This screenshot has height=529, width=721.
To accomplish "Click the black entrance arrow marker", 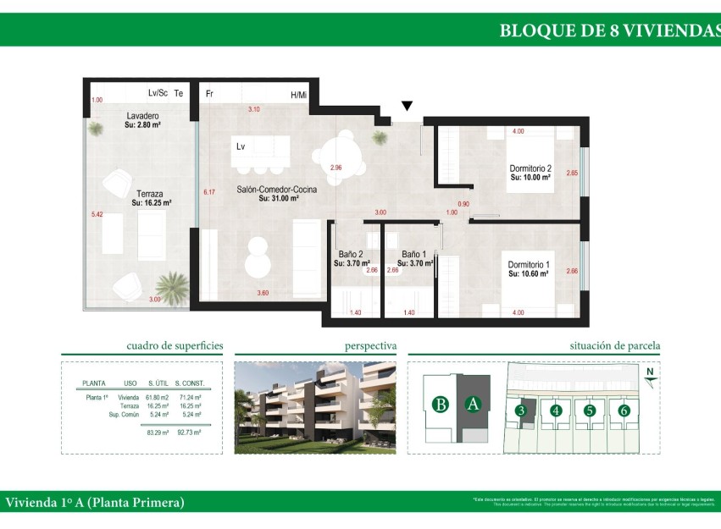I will (408, 106).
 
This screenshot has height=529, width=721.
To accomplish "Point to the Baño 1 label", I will (413, 254).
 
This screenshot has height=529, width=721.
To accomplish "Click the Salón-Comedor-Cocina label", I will (276, 190).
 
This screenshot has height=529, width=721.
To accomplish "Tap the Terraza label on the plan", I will (147, 194).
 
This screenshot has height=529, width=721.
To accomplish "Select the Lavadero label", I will (143, 115).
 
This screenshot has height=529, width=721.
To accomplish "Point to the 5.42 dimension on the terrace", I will (97, 215).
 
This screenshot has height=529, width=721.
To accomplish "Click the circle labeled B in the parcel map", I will (440, 404).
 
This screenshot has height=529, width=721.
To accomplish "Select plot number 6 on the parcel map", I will (624, 411).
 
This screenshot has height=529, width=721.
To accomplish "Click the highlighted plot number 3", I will (522, 411).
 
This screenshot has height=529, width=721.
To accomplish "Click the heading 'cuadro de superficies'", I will (175, 345).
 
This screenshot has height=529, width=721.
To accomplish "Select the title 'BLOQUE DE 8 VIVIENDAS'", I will (608, 30).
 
